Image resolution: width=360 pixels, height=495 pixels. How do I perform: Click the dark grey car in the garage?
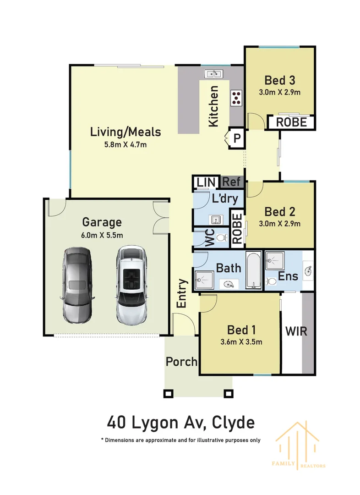(76, 286)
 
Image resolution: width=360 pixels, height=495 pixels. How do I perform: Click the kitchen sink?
(213, 74)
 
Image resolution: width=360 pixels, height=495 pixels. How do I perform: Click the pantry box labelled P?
(237, 137)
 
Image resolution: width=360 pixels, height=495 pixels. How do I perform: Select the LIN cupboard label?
(206, 182)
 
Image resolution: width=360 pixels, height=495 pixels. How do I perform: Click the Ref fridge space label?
(231, 182)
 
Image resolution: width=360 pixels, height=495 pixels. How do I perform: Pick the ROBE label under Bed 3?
(291, 122)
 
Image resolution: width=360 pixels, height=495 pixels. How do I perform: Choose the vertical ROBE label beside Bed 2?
(237, 228)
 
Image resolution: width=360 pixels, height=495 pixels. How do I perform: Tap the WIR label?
(296, 331)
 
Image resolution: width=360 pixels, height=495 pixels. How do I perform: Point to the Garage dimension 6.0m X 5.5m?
(102, 235)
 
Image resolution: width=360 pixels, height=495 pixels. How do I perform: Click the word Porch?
(181, 362)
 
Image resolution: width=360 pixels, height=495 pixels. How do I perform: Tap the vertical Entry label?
(182, 293)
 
